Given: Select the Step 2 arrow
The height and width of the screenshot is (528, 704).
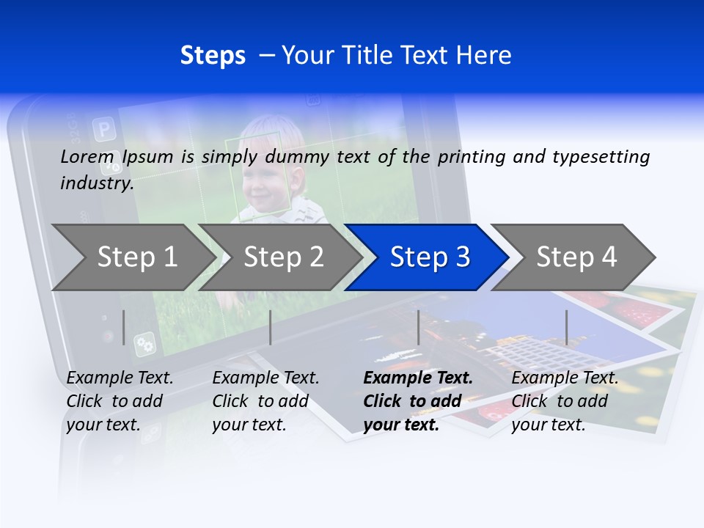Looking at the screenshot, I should [x=282, y=257].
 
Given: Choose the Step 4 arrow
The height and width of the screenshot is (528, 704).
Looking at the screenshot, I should [x=576, y=257].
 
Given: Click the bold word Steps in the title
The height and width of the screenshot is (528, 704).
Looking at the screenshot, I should [x=213, y=56].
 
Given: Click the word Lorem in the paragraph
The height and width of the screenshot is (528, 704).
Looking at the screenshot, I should [x=87, y=156].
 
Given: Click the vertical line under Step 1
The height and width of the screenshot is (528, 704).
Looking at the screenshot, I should [x=123, y=327].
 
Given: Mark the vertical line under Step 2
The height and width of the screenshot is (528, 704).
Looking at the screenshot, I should [x=271, y=327].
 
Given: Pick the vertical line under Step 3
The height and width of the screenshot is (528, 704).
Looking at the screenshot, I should [x=418, y=327].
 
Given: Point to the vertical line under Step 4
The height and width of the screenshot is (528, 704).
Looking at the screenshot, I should [x=566, y=327].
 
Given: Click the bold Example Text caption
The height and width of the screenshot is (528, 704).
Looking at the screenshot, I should [x=417, y=401].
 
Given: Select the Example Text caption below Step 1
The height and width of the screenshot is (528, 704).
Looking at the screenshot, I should [x=120, y=401].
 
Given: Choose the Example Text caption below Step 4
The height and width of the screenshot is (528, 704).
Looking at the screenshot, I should [x=564, y=401].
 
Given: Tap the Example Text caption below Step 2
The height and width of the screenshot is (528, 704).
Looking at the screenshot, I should [x=265, y=401].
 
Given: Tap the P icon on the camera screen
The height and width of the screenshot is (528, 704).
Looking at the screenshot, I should [x=104, y=131].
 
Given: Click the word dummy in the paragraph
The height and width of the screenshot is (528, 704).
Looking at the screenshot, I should [x=295, y=157].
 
